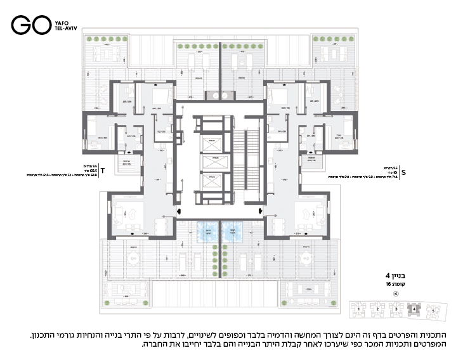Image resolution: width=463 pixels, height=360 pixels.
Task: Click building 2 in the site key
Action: [378, 309]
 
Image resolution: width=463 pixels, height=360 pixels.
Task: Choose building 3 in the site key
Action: [397, 309]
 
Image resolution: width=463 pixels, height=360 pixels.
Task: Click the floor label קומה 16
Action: [397, 285]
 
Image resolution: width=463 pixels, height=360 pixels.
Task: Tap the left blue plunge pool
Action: [207, 232]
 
